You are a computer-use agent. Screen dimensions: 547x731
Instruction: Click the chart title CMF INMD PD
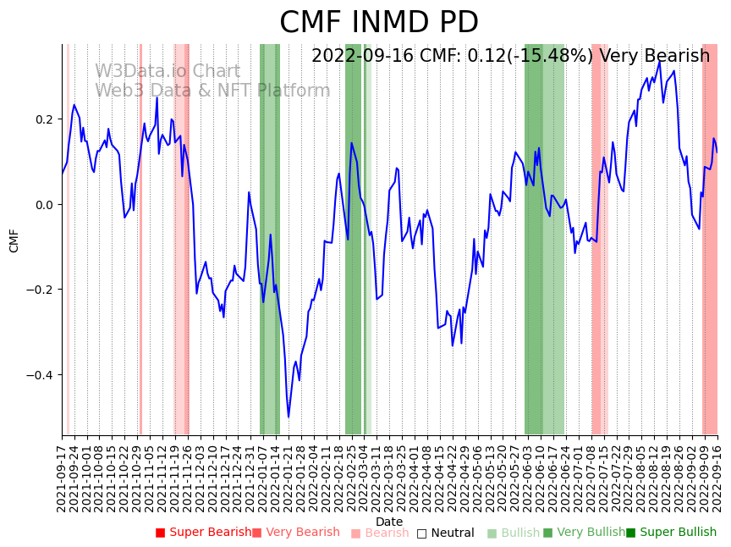tap(379, 23)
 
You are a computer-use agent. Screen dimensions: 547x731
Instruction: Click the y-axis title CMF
tap(14, 240)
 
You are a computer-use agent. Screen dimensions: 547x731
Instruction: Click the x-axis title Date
tap(389, 522)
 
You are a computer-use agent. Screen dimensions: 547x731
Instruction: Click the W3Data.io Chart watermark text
tap(168, 72)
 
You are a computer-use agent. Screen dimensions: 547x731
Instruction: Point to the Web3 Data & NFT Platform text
tap(212, 91)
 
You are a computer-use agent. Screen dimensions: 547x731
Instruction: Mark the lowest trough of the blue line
tap(289, 417)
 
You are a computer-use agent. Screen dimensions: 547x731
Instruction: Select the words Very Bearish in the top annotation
tap(654, 57)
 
